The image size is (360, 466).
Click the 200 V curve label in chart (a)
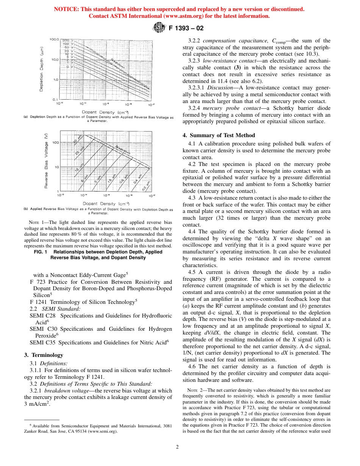pos(66,40)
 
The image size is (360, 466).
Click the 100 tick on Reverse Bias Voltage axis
pos(56,142)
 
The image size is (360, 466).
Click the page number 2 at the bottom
pos(177,446)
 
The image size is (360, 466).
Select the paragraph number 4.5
pos(193,272)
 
